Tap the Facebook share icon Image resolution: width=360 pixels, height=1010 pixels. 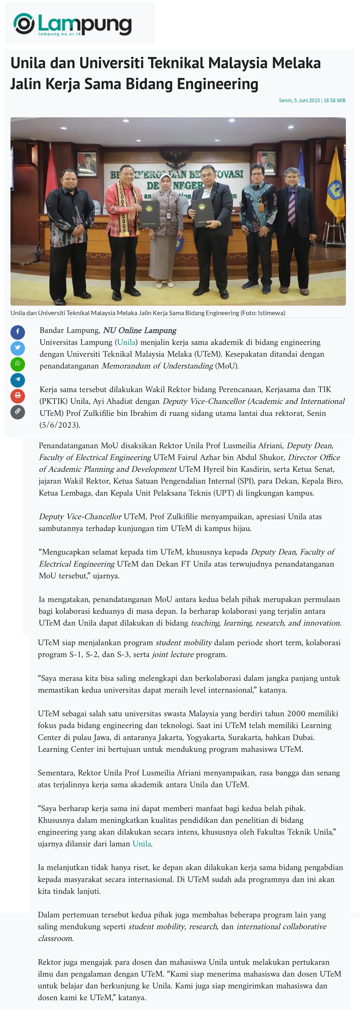(x=18, y=332)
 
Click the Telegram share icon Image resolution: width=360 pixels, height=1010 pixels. (x=18, y=380)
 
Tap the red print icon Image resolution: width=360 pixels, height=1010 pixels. (x=18, y=396)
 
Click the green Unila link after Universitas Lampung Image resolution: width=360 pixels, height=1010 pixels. (x=126, y=342)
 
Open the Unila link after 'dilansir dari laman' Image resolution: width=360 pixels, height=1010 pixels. (x=142, y=844)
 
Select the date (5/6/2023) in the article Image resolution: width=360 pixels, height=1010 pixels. (x=60, y=425)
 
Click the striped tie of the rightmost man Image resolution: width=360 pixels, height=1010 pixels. (x=292, y=206)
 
